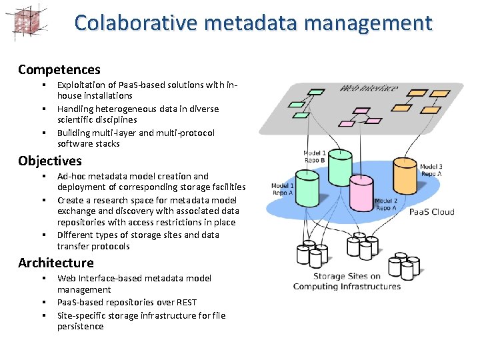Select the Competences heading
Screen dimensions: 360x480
coord(59,69)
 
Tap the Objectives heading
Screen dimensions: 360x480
coord(50,161)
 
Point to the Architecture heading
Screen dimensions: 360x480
coord(56,263)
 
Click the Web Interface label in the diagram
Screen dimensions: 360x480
coord(369,89)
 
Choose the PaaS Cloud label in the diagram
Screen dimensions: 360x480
coord(431,212)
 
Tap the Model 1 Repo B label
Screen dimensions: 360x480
coord(315,156)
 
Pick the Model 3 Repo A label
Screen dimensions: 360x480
coord(431,170)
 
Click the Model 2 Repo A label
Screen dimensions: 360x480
coord(386,204)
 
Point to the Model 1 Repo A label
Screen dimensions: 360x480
coord(283,189)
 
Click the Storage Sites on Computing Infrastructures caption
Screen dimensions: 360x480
coord(347,281)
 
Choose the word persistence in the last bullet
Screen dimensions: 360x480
coord(81,326)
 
